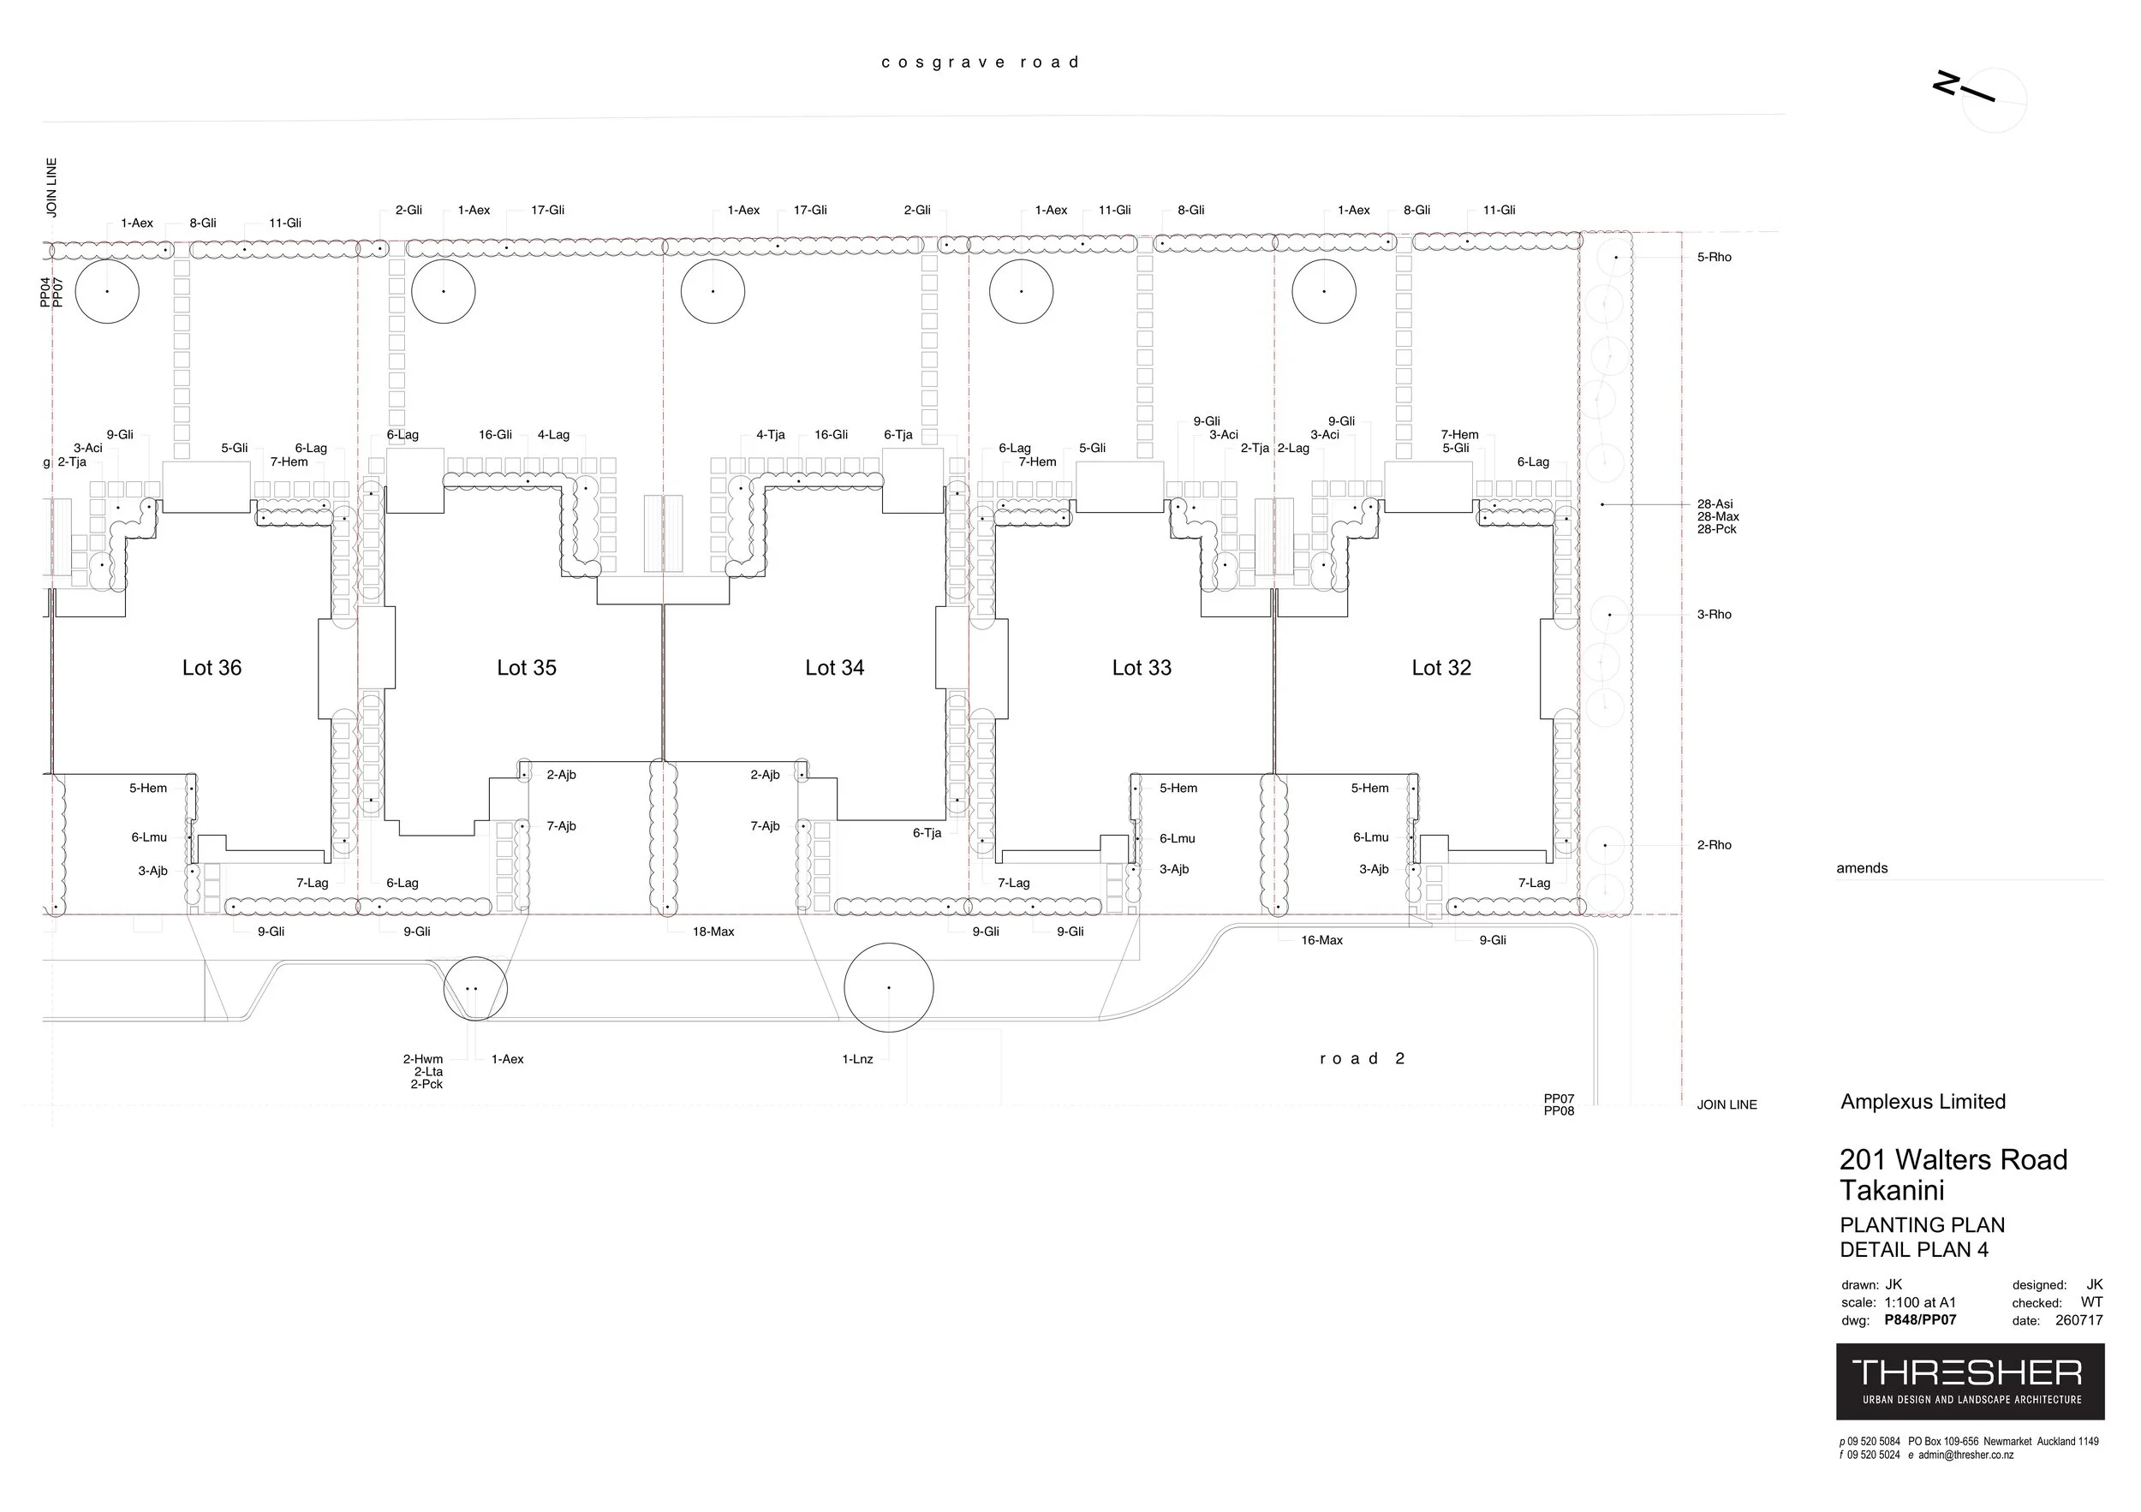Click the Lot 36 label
[212, 668]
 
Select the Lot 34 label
[835, 668]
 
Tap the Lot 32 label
[1440, 668]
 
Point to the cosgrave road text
[980, 63]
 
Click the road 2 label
[1363, 1058]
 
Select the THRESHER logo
[1970, 1380]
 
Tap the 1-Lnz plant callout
[857, 1059]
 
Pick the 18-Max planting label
[713, 932]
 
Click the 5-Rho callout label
[1714, 258]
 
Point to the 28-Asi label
[1715, 504]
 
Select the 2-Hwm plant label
[422, 1059]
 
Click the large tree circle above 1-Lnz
[889, 988]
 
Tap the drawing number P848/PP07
[1920, 1320]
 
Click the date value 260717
[2078, 1320]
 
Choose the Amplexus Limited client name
[1923, 1102]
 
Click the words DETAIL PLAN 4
[1913, 1250]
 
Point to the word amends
[1862, 868]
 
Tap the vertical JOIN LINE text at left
[52, 188]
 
